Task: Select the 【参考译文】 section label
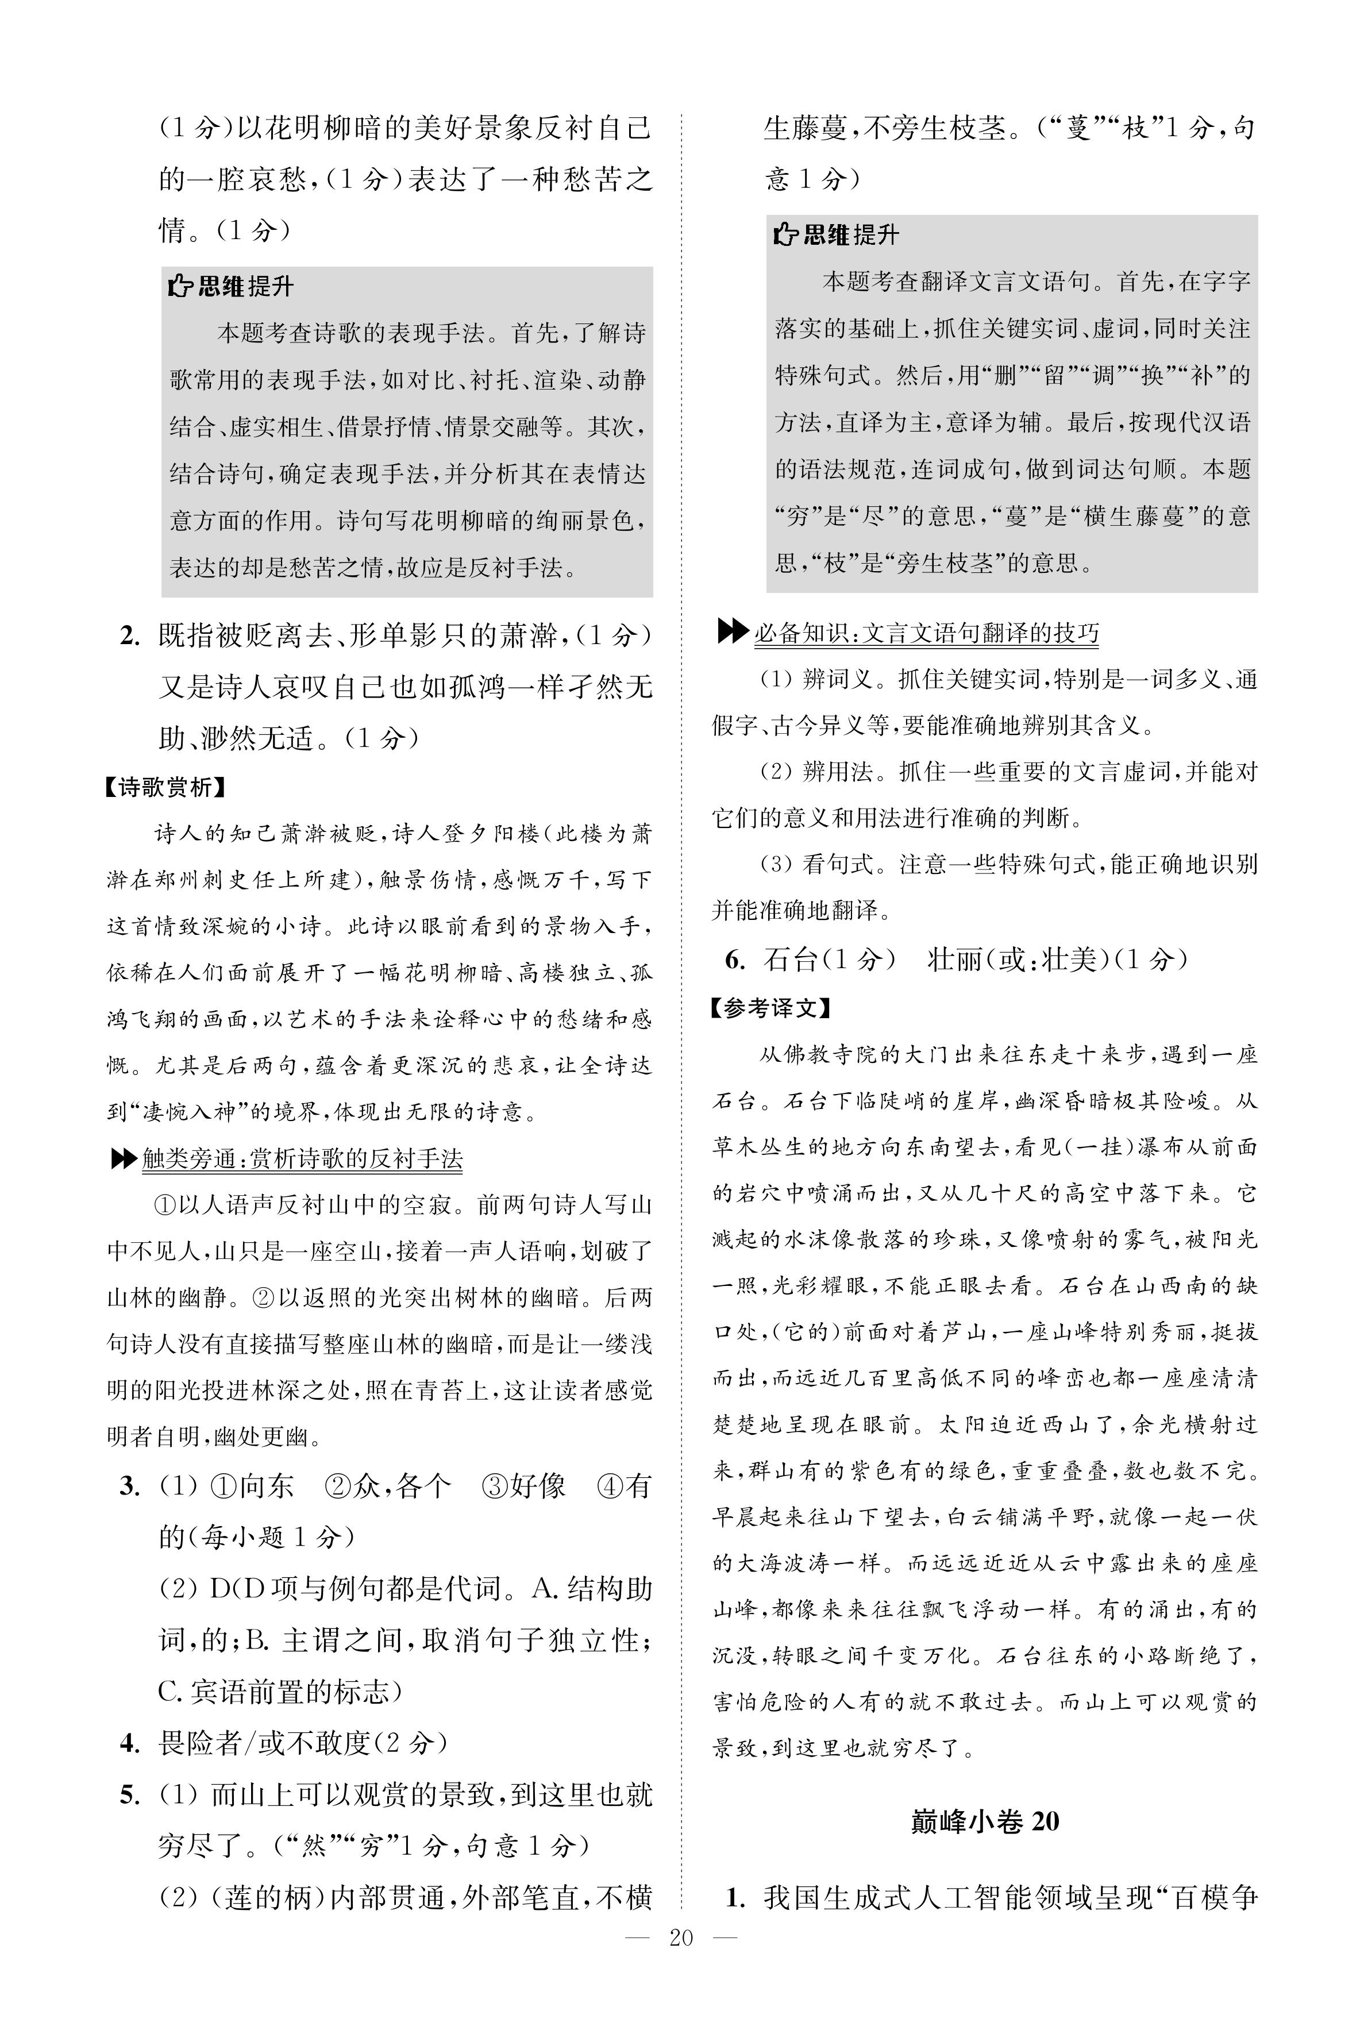(770, 1008)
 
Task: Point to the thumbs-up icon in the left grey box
(180, 286)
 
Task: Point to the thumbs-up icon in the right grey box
(785, 235)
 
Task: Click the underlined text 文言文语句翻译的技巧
(983, 633)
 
